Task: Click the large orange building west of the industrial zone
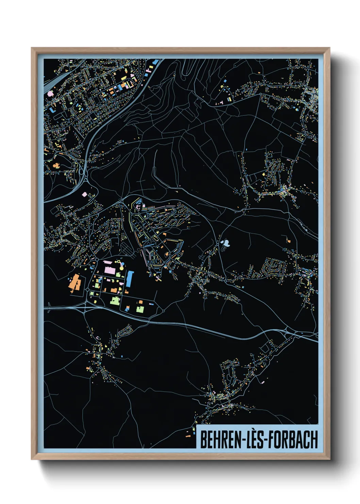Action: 75,282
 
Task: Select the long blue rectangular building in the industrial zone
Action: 129,279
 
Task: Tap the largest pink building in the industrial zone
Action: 110,270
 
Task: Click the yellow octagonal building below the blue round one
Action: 122,268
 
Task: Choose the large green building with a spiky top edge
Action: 114,300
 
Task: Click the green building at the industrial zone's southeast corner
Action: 140,309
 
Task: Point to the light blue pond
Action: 225,243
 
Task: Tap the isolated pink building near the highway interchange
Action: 84,194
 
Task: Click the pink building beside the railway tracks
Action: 50,93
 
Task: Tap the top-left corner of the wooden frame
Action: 32,48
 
